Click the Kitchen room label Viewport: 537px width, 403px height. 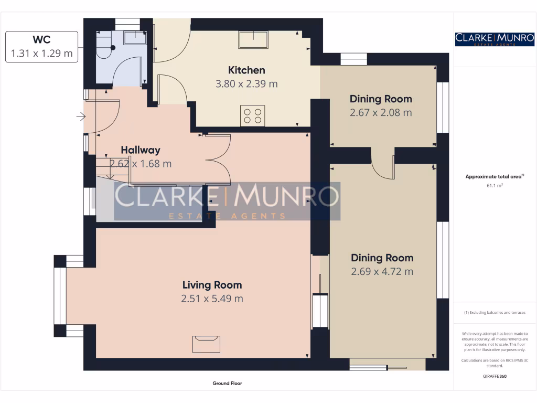click(x=246, y=70)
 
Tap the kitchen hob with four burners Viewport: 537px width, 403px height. click(x=253, y=116)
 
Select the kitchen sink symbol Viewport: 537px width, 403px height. click(x=253, y=40)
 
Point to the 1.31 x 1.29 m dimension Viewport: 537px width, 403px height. click(x=42, y=54)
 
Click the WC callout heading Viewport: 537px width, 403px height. click(x=42, y=39)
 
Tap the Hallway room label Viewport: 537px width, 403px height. click(x=141, y=150)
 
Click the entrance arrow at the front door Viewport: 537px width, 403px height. click(x=81, y=116)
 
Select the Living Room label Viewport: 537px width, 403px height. click(x=212, y=285)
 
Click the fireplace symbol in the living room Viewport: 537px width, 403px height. click(x=206, y=344)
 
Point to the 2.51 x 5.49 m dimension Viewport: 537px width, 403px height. click(x=212, y=299)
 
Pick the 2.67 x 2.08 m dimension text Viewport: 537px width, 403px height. click(x=381, y=112)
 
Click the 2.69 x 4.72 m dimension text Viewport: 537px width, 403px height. click(x=382, y=271)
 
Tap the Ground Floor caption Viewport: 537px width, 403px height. click(x=227, y=383)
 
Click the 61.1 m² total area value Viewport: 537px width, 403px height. click(x=495, y=185)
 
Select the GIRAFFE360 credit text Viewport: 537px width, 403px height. click(x=495, y=376)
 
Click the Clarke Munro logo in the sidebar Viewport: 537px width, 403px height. click(x=495, y=39)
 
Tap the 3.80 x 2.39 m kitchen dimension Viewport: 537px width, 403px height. click(x=246, y=84)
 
